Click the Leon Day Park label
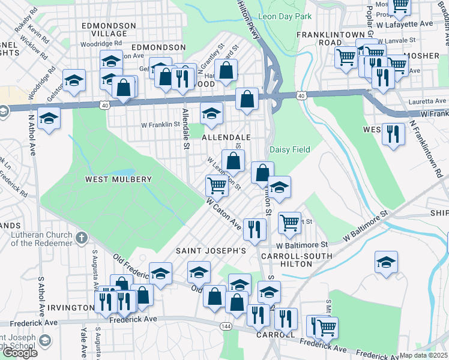(x=285, y=16)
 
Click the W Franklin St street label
(x=160, y=125)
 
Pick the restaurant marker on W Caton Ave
(x=255, y=230)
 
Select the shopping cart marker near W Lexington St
(x=217, y=186)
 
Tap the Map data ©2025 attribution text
(x=423, y=355)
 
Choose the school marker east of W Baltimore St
(x=386, y=263)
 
